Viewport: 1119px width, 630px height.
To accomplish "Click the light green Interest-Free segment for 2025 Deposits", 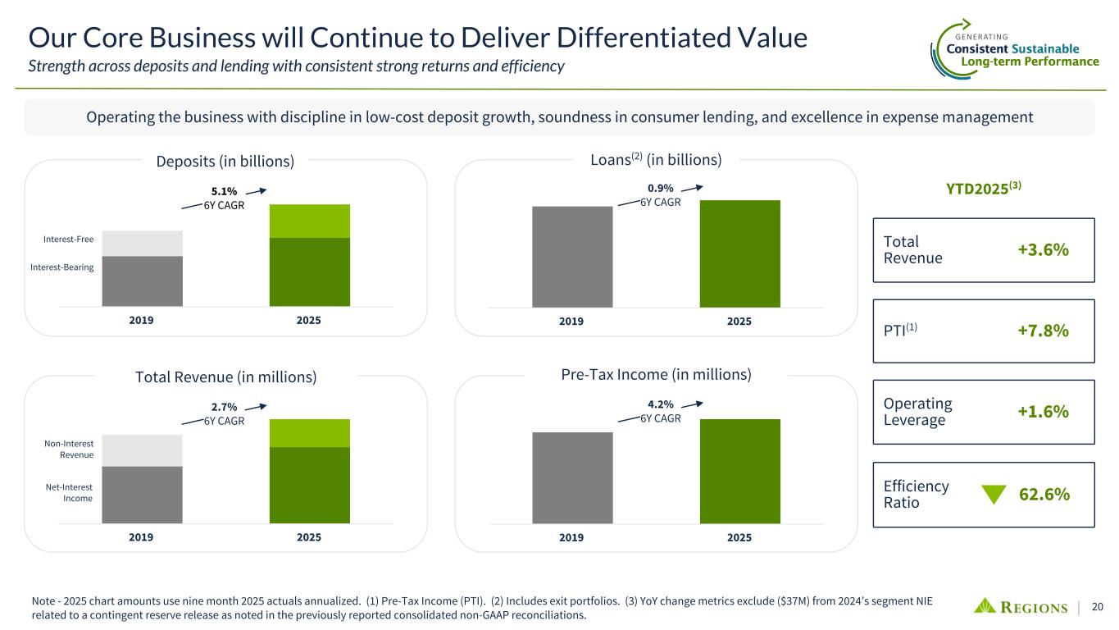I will tap(310, 221).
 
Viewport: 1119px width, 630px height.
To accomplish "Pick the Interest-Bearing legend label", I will tap(62, 267).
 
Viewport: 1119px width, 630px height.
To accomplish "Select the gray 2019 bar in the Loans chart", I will tap(572, 257).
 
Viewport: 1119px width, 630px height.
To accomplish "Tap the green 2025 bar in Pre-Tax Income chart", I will tap(739, 471).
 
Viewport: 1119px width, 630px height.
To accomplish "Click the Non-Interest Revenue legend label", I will tap(68, 449).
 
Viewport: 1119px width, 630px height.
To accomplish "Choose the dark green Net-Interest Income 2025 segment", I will tap(310, 485).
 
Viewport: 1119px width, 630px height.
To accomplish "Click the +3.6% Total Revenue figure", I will tap(1044, 250).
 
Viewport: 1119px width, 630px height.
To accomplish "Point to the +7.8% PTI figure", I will tap(1044, 331).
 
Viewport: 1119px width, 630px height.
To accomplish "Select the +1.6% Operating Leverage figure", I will tap(1044, 412).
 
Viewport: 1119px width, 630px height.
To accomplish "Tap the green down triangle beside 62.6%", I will tap(993, 495).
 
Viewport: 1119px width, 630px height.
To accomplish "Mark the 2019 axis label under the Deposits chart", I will tap(143, 320).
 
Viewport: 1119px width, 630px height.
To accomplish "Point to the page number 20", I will tap(1097, 607).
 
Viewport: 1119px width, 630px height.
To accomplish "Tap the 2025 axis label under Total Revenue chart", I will tap(309, 537).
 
